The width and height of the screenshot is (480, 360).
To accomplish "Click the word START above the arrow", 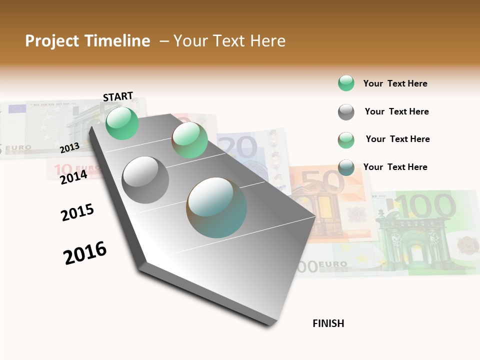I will click(118, 96).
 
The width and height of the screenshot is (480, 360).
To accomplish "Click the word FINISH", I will click(328, 323).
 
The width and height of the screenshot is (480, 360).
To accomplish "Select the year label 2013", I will click(69, 147).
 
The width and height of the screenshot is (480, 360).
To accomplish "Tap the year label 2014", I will click(73, 176).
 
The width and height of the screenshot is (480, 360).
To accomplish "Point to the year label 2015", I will click(77, 212).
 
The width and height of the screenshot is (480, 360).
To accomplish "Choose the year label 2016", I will click(85, 252).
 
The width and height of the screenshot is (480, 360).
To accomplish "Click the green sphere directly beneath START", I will click(122, 123).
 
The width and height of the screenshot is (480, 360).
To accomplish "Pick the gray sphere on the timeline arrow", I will click(145, 179).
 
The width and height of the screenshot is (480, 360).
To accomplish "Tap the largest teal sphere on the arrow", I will click(216, 207).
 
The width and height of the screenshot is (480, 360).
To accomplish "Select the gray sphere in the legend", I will click(346, 112).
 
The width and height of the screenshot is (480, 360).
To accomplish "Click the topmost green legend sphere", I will click(346, 83).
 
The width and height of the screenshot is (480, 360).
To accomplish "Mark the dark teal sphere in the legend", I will click(346, 167).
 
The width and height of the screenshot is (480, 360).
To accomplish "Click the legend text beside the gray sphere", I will click(396, 111).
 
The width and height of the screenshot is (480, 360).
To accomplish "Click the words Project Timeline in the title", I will click(87, 41).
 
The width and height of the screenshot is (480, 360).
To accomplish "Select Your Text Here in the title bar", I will click(229, 41).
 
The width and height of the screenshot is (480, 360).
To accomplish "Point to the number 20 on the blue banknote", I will click(239, 148).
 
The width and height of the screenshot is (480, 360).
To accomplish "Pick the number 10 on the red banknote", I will click(63, 169).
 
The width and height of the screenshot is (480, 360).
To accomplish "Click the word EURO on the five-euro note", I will click(18, 148).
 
